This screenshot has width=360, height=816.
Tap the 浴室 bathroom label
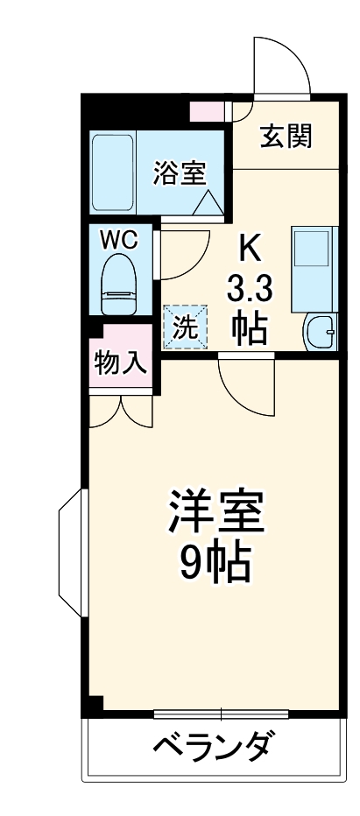click(180, 172)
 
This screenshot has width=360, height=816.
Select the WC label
click(118, 241)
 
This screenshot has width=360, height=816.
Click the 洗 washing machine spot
click(185, 327)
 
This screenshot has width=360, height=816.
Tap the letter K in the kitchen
click(250, 250)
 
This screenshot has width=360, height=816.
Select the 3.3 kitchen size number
click(250, 289)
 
